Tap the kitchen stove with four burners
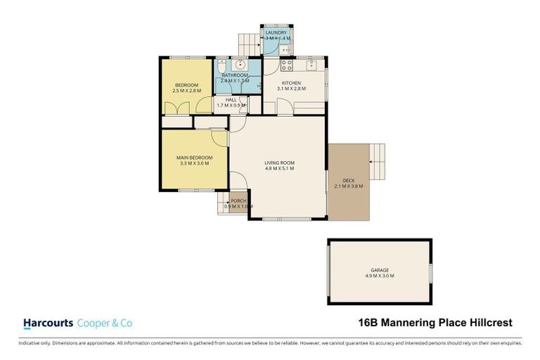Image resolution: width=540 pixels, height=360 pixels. pyautogui.click(x=287, y=65)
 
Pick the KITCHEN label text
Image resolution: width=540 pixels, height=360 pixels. pyautogui.click(x=291, y=83)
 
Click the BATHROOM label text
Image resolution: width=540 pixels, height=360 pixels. pyautogui.click(x=235, y=75)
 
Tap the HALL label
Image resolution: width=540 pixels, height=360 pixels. pyautogui.click(x=231, y=100)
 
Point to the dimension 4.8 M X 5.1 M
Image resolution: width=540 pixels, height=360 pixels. pyautogui.click(x=279, y=169)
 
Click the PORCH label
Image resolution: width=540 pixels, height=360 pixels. pyautogui.click(x=239, y=200)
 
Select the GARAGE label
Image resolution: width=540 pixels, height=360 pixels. pyautogui.click(x=380, y=270)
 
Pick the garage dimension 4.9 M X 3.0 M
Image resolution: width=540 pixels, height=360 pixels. pyautogui.click(x=380, y=276)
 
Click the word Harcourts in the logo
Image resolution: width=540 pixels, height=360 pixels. pyautogui.click(x=48, y=323)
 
